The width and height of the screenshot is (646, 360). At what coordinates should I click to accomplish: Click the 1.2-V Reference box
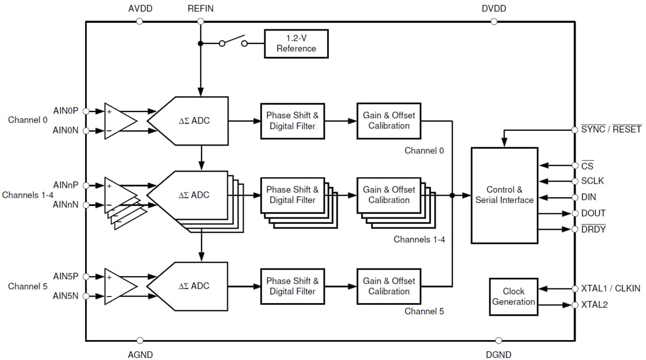point(296,43)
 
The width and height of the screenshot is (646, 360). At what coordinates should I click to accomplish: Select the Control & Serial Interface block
point(504,195)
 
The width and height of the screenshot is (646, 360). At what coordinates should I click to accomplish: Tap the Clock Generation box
point(513,297)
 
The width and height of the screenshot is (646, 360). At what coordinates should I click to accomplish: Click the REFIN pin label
point(201,9)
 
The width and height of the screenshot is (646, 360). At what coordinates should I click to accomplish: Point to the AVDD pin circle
point(139,21)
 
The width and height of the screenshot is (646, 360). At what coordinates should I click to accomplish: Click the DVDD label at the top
point(493,9)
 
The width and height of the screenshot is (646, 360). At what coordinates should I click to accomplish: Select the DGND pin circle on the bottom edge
point(499,340)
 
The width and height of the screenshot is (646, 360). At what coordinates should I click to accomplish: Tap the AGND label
point(140,354)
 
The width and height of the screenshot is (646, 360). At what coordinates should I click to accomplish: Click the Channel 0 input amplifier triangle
point(119,121)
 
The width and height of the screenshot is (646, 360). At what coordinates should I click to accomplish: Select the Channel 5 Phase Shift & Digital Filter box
point(292,286)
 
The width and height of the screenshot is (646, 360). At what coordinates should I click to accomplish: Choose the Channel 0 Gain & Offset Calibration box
point(388,121)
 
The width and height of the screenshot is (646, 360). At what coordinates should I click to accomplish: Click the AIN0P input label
point(65,111)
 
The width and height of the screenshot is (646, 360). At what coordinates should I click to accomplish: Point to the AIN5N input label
point(65,296)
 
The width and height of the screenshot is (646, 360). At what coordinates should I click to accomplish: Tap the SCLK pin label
point(593,181)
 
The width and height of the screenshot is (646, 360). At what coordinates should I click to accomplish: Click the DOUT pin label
point(593,213)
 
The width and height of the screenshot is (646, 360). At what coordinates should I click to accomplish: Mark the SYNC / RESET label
point(611,129)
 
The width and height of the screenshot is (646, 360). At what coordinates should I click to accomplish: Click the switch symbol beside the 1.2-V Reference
point(233,42)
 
